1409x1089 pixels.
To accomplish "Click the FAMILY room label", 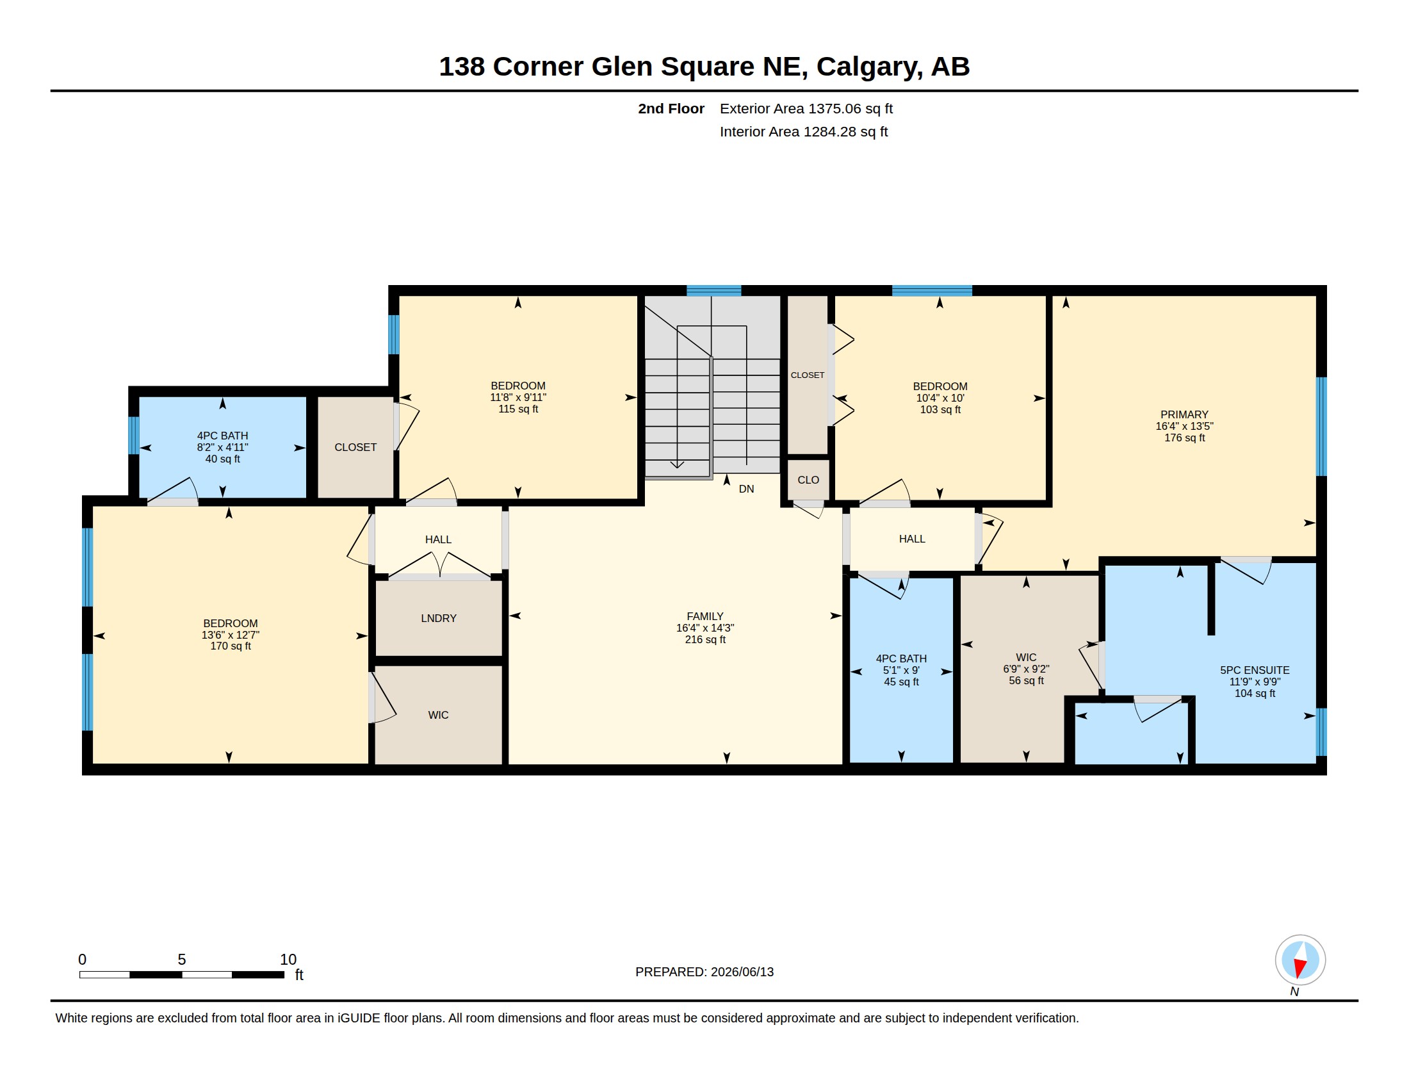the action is pos(704,616).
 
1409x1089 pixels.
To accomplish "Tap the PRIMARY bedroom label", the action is pos(1184,415).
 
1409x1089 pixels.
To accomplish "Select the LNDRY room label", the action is pos(439,618).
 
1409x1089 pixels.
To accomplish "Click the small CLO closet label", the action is pos(808,480).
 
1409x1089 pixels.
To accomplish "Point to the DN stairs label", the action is pos(746,489).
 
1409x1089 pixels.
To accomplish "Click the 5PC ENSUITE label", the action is pos(1255,670).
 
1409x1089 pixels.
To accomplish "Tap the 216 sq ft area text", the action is pos(705,639).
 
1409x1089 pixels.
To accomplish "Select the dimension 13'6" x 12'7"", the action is pos(231,635).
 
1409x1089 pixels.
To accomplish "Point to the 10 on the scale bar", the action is pos(288,960).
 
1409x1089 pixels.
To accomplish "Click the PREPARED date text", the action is pos(704,972).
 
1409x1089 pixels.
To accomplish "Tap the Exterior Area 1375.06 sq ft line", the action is pos(806,108).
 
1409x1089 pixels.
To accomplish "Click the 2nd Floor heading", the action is pos(671,108).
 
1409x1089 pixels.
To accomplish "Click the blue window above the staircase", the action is pos(713,290).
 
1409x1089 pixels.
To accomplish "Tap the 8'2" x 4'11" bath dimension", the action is pos(223,447).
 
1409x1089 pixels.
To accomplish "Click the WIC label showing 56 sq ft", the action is pos(1026,657).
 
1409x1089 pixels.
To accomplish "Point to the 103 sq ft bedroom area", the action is pos(940,410).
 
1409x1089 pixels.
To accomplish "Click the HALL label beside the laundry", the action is pos(438,539).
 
